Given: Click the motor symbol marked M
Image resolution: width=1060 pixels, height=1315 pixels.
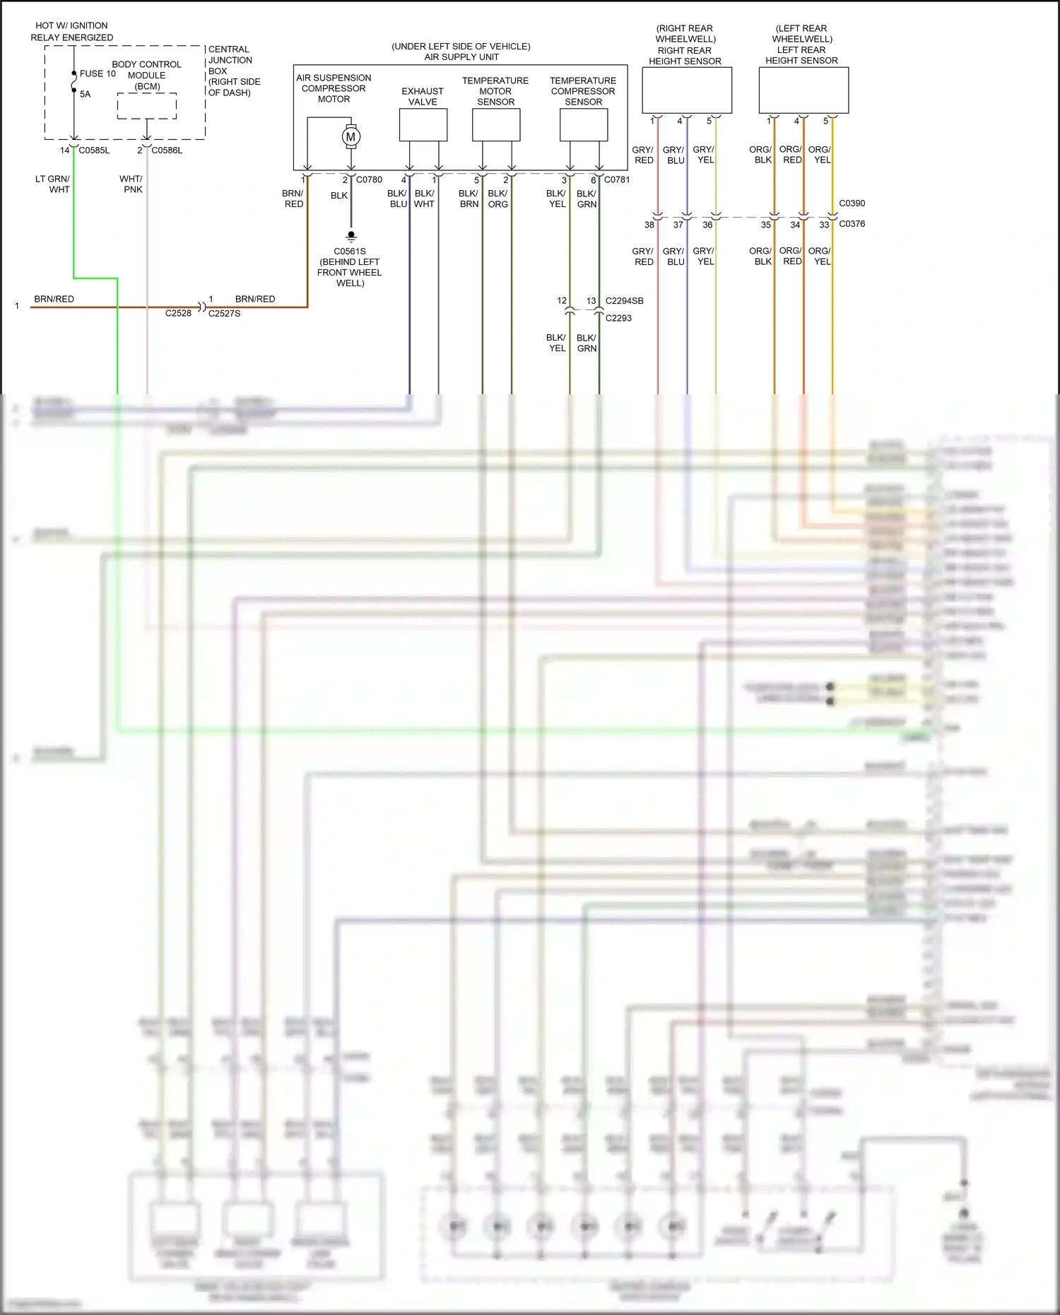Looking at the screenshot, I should click(x=351, y=136).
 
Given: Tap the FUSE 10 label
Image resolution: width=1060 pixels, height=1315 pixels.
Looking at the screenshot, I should click(x=98, y=73).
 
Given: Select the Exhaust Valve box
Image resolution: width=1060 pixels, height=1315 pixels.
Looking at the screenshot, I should click(x=423, y=126).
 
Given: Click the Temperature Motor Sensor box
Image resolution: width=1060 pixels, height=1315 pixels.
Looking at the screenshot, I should click(x=496, y=126).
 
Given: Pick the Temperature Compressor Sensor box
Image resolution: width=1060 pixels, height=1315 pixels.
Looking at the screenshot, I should click(x=583, y=126).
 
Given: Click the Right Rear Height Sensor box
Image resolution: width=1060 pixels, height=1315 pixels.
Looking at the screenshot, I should click(x=686, y=90).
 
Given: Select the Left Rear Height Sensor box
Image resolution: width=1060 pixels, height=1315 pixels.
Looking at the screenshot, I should click(x=803, y=90).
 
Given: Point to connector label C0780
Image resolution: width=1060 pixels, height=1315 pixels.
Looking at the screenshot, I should click(x=369, y=179).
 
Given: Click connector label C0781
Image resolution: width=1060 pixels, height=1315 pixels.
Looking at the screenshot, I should click(x=617, y=179).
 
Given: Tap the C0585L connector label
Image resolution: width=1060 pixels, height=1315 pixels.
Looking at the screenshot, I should click(x=94, y=151).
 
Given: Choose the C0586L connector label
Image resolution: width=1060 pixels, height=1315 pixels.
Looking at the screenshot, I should click(x=167, y=151).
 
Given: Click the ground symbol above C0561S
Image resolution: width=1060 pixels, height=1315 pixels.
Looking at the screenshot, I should click(x=351, y=236).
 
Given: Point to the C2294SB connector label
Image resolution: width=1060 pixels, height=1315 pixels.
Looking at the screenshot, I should click(x=624, y=301).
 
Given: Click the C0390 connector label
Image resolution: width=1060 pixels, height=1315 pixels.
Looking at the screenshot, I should click(x=852, y=204).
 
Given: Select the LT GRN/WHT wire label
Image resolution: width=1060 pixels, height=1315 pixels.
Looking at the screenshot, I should click(x=53, y=184).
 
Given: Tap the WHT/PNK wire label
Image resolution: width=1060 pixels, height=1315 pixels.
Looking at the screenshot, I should click(x=131, y=184).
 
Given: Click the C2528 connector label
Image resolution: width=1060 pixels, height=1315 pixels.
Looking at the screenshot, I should click(x=178, y=313).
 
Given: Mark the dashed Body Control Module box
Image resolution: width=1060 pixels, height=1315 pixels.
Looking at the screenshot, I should click(x=147, y=106).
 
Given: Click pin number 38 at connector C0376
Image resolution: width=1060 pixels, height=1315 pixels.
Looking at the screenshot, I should click(x=649, y=225).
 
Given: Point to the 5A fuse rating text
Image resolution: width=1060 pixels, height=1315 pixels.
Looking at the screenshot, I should click(x=85, y=94).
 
